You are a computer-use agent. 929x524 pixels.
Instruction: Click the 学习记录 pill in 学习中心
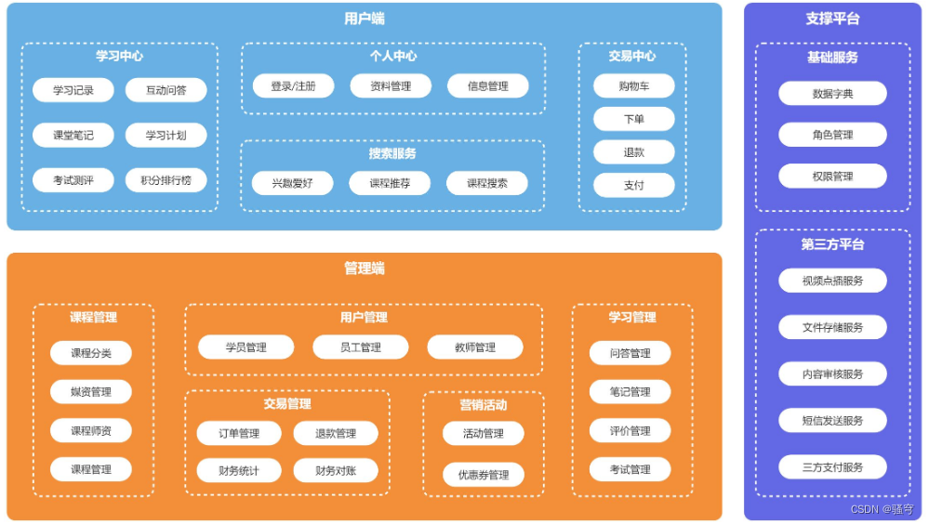pyautogui.click(x=73, y=90)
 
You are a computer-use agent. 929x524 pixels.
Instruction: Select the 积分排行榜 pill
pyautogui.click(x=166, y=180)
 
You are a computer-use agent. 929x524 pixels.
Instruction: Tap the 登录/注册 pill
pyautogui.click(x=293, y=85)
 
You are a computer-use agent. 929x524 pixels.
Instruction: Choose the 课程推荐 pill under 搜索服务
pyautogui.click(x=390, y=183)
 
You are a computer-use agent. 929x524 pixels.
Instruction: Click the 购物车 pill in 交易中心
pyautogui.click(x=634, y=85)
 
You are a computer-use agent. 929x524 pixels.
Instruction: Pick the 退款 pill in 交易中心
pyautogui.click(x=634, y=152)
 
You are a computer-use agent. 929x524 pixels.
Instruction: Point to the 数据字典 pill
pyautogui.click(x=832, y=94)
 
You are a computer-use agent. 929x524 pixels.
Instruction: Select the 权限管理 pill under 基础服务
pyautogui.click(x=832, y=176)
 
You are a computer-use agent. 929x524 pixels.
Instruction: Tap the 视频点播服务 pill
pyautogui.click(x=832, y=281)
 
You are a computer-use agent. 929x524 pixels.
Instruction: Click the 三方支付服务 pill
pyautogui.click(x=832, y=467)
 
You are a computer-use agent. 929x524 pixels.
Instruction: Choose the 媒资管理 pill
pyautogui.click(x=91, y=391)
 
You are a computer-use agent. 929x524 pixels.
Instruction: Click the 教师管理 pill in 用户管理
pyautogui.click(x=475, y=347)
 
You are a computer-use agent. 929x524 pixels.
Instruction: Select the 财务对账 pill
pyautogui.click(x=336, y=471)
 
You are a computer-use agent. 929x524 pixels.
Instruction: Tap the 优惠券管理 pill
pyautogui.click(x=484, y=474)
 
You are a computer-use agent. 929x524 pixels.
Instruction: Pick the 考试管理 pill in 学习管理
pyautogui.click(x=630, y=469)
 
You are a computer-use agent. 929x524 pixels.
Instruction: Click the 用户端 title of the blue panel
pyautogui.click(x=365, y=19)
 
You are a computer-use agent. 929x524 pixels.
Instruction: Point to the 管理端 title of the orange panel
pyautogui.click(x=365, y=269)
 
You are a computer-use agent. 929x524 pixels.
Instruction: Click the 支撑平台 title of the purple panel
pyautogui.click(x=832, y=19)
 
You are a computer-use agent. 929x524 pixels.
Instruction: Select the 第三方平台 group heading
pyautogui.click(x=832, y=244)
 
